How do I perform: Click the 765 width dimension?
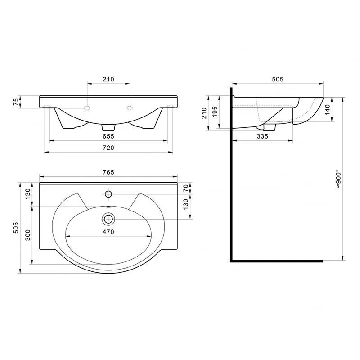[108, 172]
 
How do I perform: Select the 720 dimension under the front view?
[108, 148]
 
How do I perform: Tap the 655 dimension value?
[108, 136]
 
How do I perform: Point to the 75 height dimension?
[16, 101]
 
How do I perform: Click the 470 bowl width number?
[108, 232]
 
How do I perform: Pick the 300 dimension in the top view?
[27, 235]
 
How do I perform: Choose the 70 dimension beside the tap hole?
[186, 188]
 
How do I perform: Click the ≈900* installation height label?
[338, 179]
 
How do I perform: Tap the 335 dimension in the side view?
[262, 136]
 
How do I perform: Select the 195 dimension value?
[215, 112]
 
